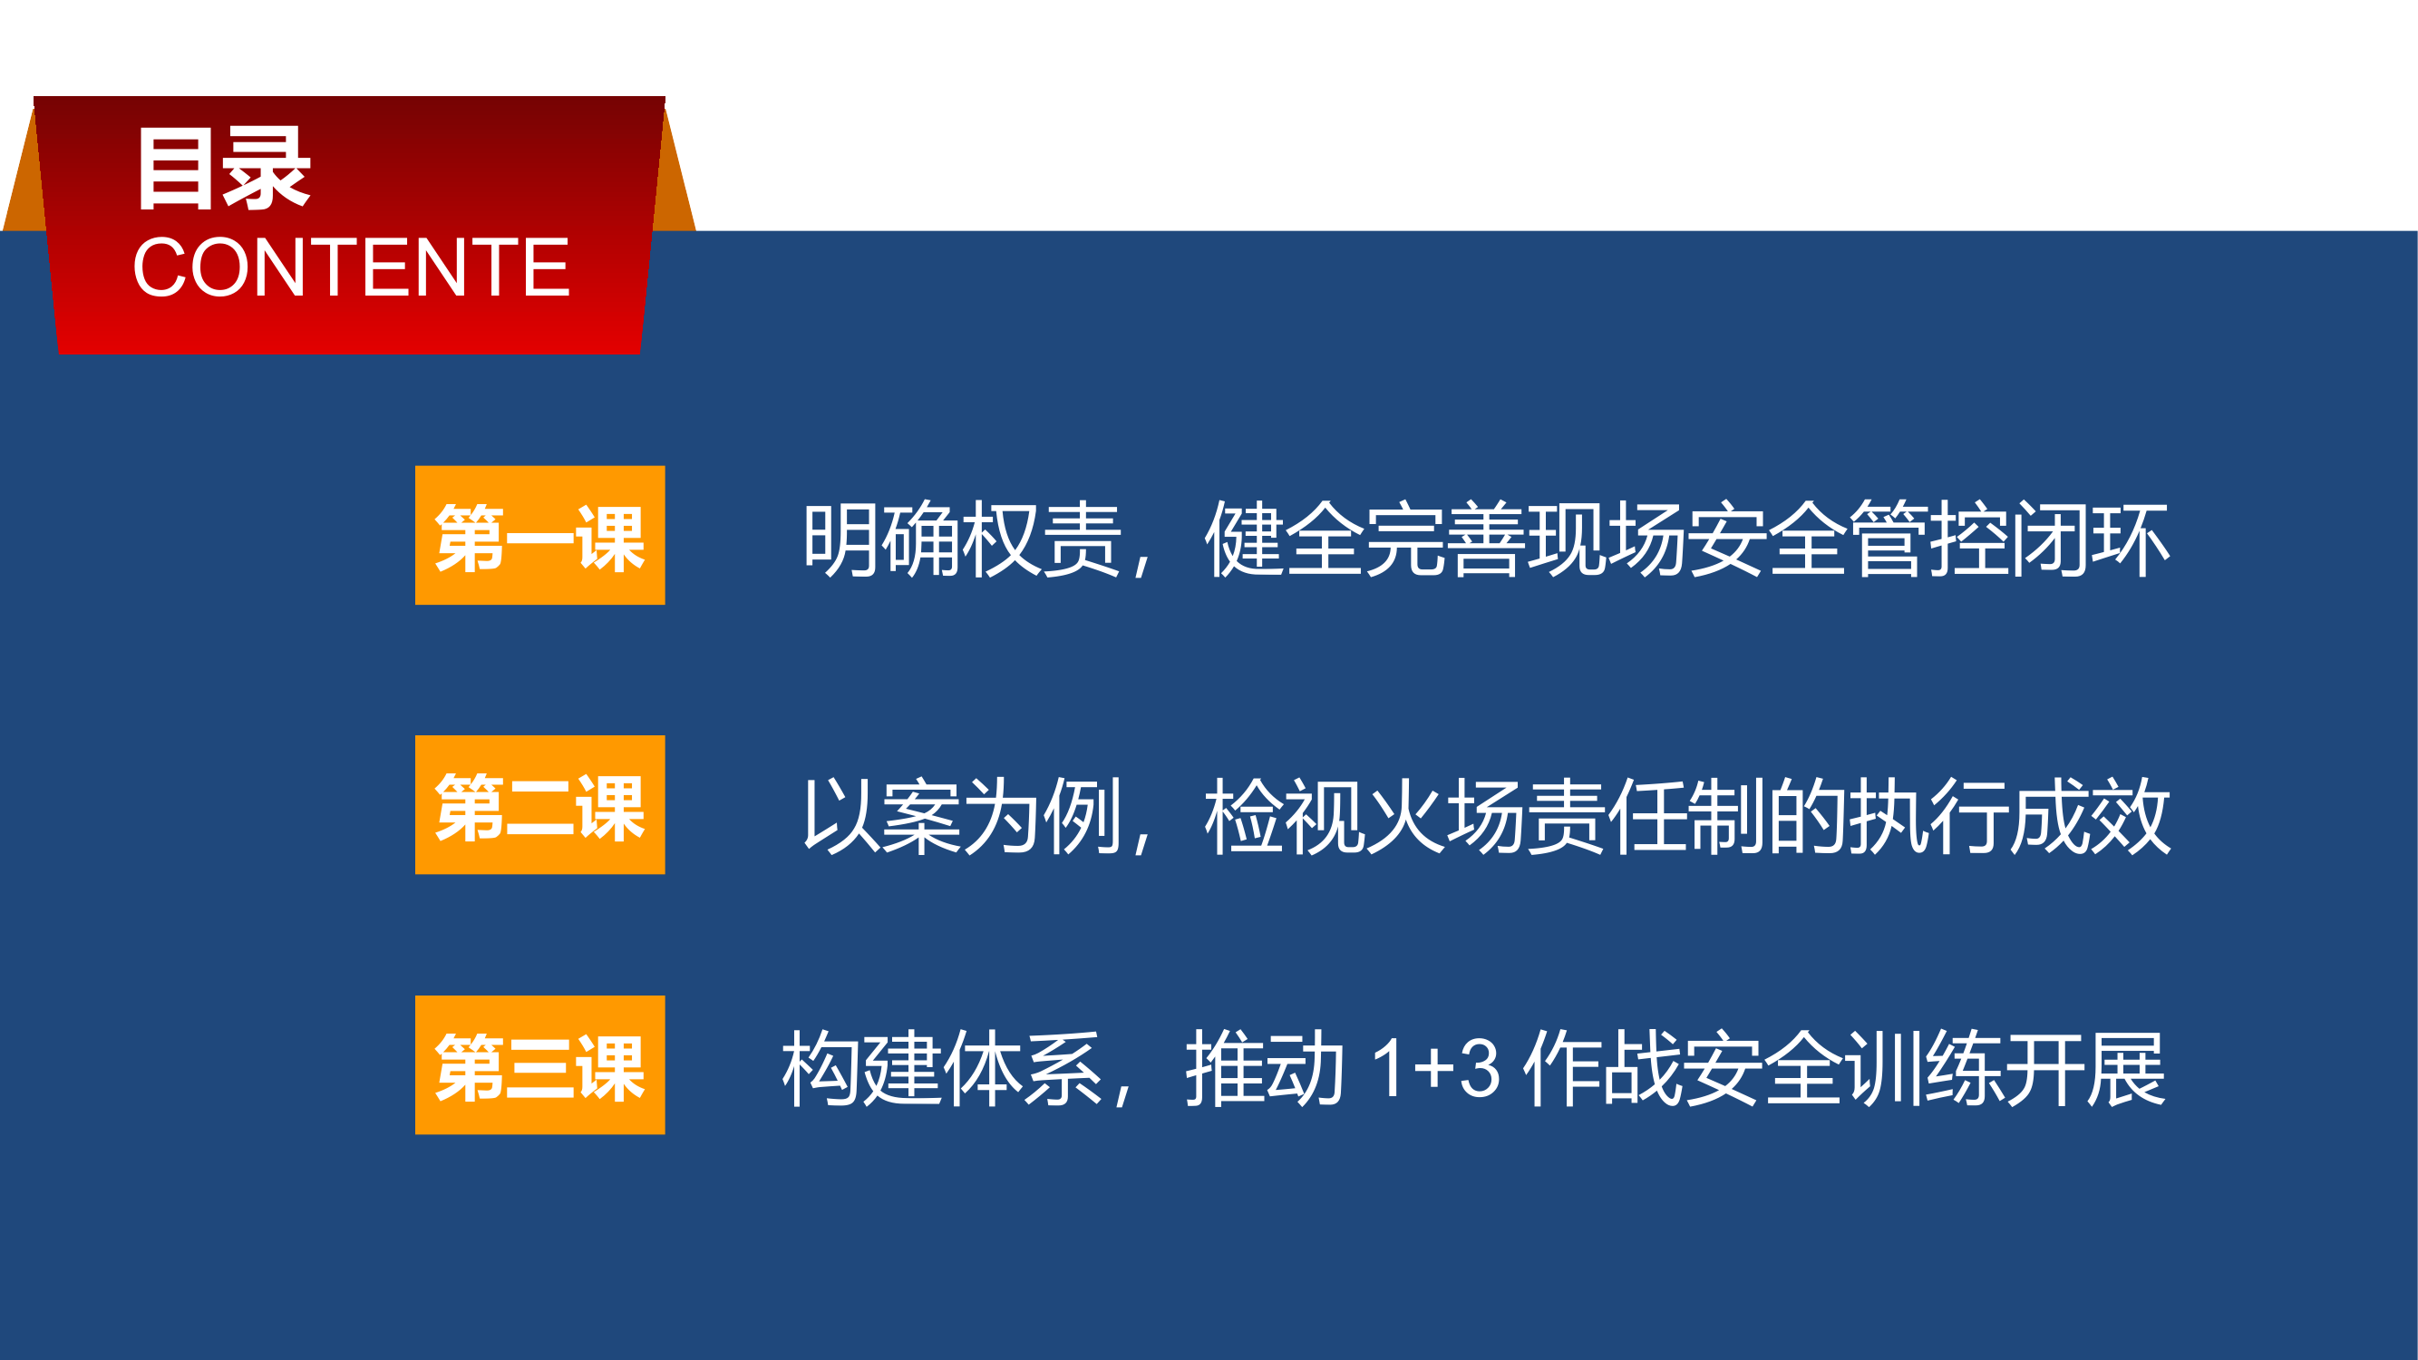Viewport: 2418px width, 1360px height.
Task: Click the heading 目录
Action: (223, 169)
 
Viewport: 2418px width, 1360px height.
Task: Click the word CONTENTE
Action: (351, 267)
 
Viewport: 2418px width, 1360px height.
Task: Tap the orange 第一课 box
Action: (539, 535)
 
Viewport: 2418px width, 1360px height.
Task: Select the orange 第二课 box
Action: (539, 804)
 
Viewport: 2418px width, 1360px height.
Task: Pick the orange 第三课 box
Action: (539, 1064)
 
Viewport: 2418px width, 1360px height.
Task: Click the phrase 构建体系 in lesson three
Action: (942, 1067)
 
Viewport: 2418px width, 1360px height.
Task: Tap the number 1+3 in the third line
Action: (1435, 1068)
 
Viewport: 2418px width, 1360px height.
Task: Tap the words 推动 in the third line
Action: (1266, 1067)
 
